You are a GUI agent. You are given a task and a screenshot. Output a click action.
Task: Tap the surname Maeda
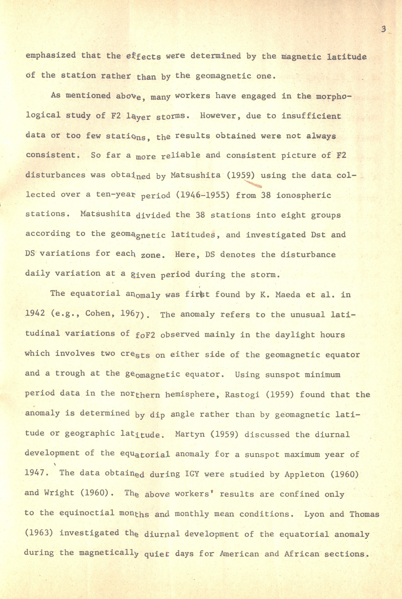(288, 295)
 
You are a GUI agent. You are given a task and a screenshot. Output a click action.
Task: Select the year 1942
(35, 313)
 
